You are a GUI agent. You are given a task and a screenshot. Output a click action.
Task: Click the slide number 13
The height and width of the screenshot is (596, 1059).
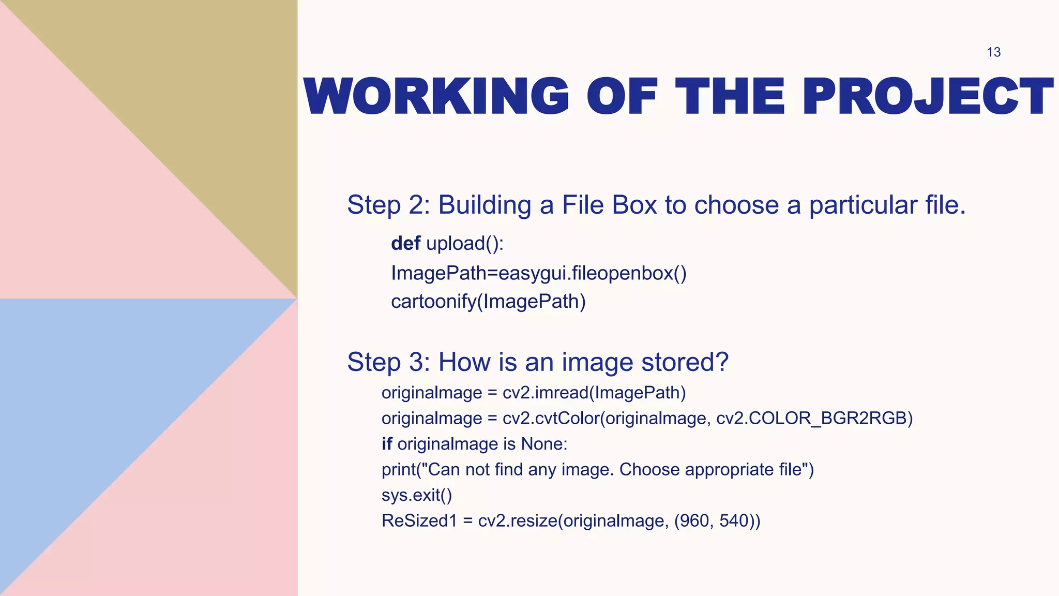tap(993, 52)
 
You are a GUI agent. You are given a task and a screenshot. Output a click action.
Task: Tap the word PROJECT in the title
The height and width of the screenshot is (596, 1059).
tap(928, 96)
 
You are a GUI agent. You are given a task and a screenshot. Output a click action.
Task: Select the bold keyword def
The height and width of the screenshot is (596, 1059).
tap(405, 243)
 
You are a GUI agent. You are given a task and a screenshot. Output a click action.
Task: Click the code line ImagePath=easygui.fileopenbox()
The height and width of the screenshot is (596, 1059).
tap(538, 273)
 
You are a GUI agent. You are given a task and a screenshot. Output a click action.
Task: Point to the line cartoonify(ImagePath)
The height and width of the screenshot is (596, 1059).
tap(488, 301)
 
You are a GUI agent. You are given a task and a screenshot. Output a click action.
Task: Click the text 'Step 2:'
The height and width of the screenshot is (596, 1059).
tap(388, 205)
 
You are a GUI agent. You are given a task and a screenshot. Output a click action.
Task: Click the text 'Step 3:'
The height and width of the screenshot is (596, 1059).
tap(388, 362)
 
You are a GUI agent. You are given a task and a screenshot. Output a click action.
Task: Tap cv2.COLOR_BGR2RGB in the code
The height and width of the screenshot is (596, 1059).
tap(814, 418)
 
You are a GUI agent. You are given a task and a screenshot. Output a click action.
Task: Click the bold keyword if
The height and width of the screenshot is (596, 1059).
tap(387, 444)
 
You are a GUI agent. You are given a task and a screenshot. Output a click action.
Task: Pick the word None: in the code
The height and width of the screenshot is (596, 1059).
tap(544, 444)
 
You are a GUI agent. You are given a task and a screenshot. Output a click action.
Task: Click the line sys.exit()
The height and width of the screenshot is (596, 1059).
tap(417, 495)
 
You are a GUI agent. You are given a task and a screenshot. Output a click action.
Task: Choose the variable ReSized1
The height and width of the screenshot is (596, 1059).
tap(419, 520)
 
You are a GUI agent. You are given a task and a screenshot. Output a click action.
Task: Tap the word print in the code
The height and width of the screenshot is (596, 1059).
tap(399, 470)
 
